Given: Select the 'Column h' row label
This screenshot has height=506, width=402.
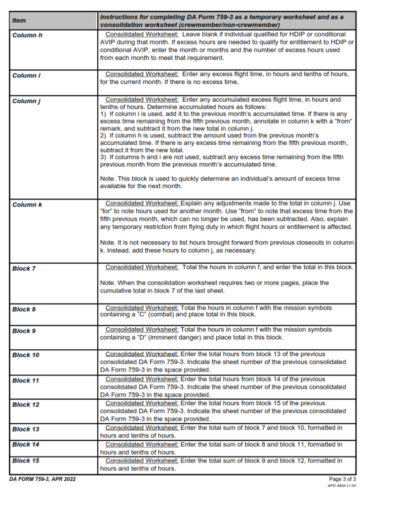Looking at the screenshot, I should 27,35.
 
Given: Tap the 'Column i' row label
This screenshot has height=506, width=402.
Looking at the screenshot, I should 25,76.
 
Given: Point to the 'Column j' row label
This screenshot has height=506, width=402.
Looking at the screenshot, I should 26,101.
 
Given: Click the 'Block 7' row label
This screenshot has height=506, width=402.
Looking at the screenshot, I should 24,269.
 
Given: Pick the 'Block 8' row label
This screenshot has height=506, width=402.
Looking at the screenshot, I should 24,309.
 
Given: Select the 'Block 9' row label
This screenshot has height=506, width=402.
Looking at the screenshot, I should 24,331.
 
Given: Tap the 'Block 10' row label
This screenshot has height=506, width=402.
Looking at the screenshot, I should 26,355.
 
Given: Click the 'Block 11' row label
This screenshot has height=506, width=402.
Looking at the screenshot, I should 25,380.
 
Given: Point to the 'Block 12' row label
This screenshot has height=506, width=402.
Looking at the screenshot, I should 26,405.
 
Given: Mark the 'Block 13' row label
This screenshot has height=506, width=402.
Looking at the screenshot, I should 26,429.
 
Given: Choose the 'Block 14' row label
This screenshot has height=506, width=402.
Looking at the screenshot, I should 26,445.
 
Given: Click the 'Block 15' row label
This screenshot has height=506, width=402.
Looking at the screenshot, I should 26,461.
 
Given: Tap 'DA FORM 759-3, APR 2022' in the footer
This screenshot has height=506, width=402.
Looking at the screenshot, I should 42,479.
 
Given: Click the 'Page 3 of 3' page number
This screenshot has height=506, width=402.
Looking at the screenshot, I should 342,479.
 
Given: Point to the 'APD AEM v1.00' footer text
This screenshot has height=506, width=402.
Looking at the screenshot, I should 342,486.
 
